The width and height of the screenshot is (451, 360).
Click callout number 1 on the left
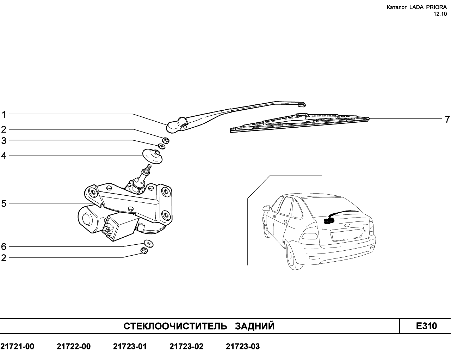(x=4, y=115)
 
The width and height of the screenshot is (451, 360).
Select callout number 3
(x=4, y=141)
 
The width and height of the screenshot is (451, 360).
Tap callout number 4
(x=4, y=155)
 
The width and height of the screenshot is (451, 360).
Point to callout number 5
(x=4, y=203)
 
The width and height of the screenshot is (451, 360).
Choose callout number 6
(x=4, y=246)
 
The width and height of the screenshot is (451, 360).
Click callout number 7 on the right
(x=447, y=120)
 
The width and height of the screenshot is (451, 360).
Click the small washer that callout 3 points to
(x=161, y=146)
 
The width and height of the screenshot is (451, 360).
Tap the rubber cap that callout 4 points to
(x=152, y=156)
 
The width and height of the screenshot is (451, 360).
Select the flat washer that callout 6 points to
(x=149, y=244)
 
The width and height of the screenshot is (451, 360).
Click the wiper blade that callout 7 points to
(x=300, y=123)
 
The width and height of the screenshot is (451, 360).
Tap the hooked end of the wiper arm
(x=302, y=104)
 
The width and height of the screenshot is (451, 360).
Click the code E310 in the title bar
(x=426, y=326)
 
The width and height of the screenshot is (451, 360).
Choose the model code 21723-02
(x=186, y=346)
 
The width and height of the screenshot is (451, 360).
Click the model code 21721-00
(x=17, y=346)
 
